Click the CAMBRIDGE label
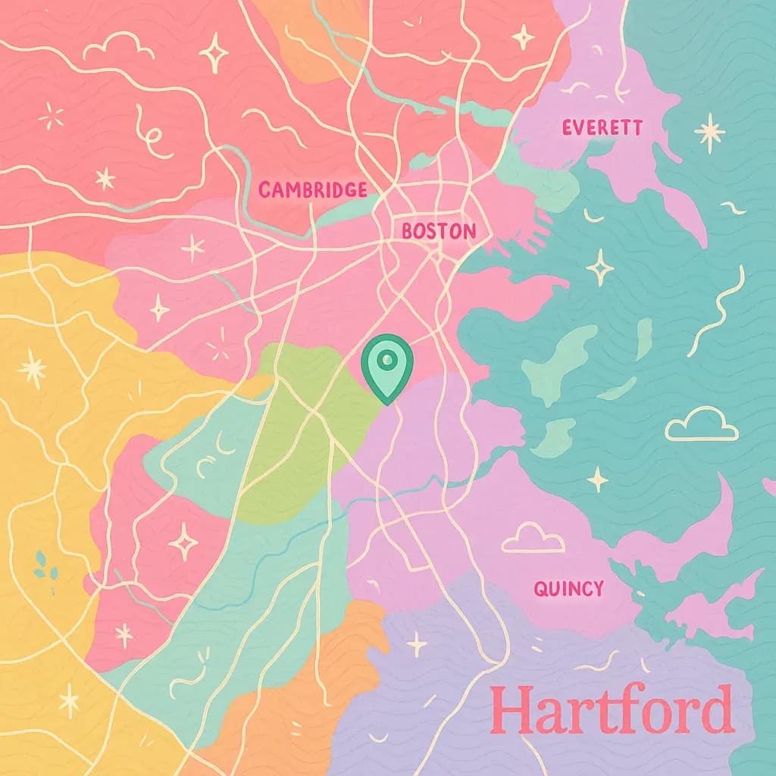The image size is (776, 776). tap(312, 190)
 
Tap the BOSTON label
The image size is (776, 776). tap(439, 231)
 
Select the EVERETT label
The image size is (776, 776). tap(602, 127)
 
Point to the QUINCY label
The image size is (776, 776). tap(568, 588)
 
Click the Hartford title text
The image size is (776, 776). tap(612, 710)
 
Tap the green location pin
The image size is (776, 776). tap(387, 368)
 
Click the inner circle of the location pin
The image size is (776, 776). tap(387, 358)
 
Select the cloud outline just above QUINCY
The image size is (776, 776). tap(533, 539)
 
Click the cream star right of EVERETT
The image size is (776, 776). tap(709, 132)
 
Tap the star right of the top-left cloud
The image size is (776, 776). tap(214, 52)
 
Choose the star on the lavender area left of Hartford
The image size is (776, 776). tap(416, 643)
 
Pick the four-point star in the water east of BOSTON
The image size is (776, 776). tap(599, 266)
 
